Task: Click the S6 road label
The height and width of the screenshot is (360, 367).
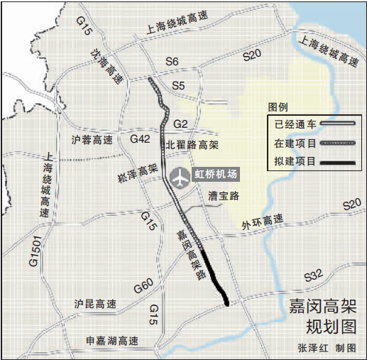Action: [172, 62]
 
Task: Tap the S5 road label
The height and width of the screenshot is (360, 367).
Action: [178, 87]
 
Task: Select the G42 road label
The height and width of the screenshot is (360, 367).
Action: [140, 139]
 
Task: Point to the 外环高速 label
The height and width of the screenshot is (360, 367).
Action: [262, 222]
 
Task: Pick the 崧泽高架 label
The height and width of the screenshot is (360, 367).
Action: [137, 171]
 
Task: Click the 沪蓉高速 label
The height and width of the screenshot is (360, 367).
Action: [93, 140]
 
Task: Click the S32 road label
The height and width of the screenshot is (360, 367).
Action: [312, 275]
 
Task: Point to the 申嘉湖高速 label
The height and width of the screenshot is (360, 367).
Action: [111, 340]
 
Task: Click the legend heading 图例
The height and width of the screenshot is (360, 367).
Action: [278, 107]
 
